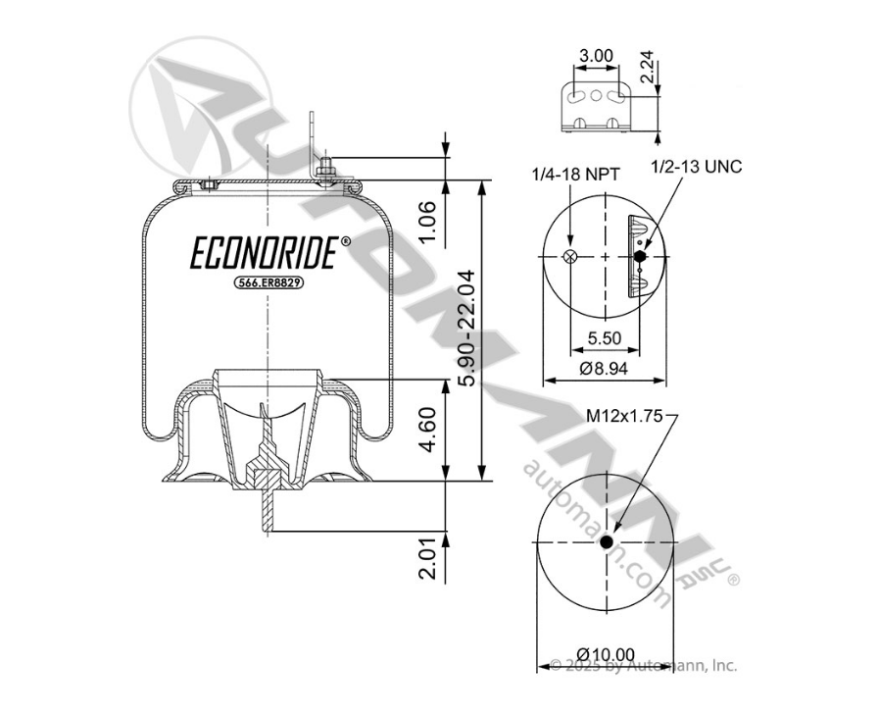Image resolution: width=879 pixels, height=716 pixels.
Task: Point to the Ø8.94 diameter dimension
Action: [604, 369]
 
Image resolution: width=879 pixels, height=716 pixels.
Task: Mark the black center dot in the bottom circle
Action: [607, 542]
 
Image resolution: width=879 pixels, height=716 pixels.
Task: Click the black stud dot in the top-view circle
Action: [640, 257]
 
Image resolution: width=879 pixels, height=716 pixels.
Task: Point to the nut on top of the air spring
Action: [326, 175]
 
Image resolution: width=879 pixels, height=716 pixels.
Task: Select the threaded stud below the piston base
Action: [267, 511]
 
